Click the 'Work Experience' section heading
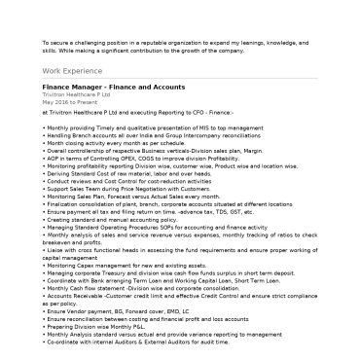(x=70, y=72)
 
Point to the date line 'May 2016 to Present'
(x=70, y=100)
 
